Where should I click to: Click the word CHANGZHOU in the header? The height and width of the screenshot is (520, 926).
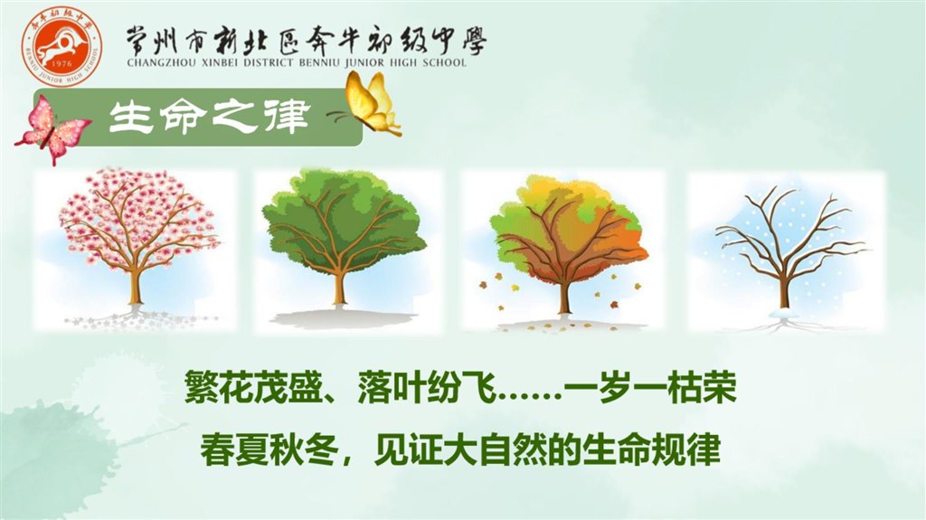(157, 62)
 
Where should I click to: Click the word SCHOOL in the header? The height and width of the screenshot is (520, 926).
(445, 62)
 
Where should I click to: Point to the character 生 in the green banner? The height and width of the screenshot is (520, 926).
(128, 117)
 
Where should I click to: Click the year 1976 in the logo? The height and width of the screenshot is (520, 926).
(62, 63)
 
